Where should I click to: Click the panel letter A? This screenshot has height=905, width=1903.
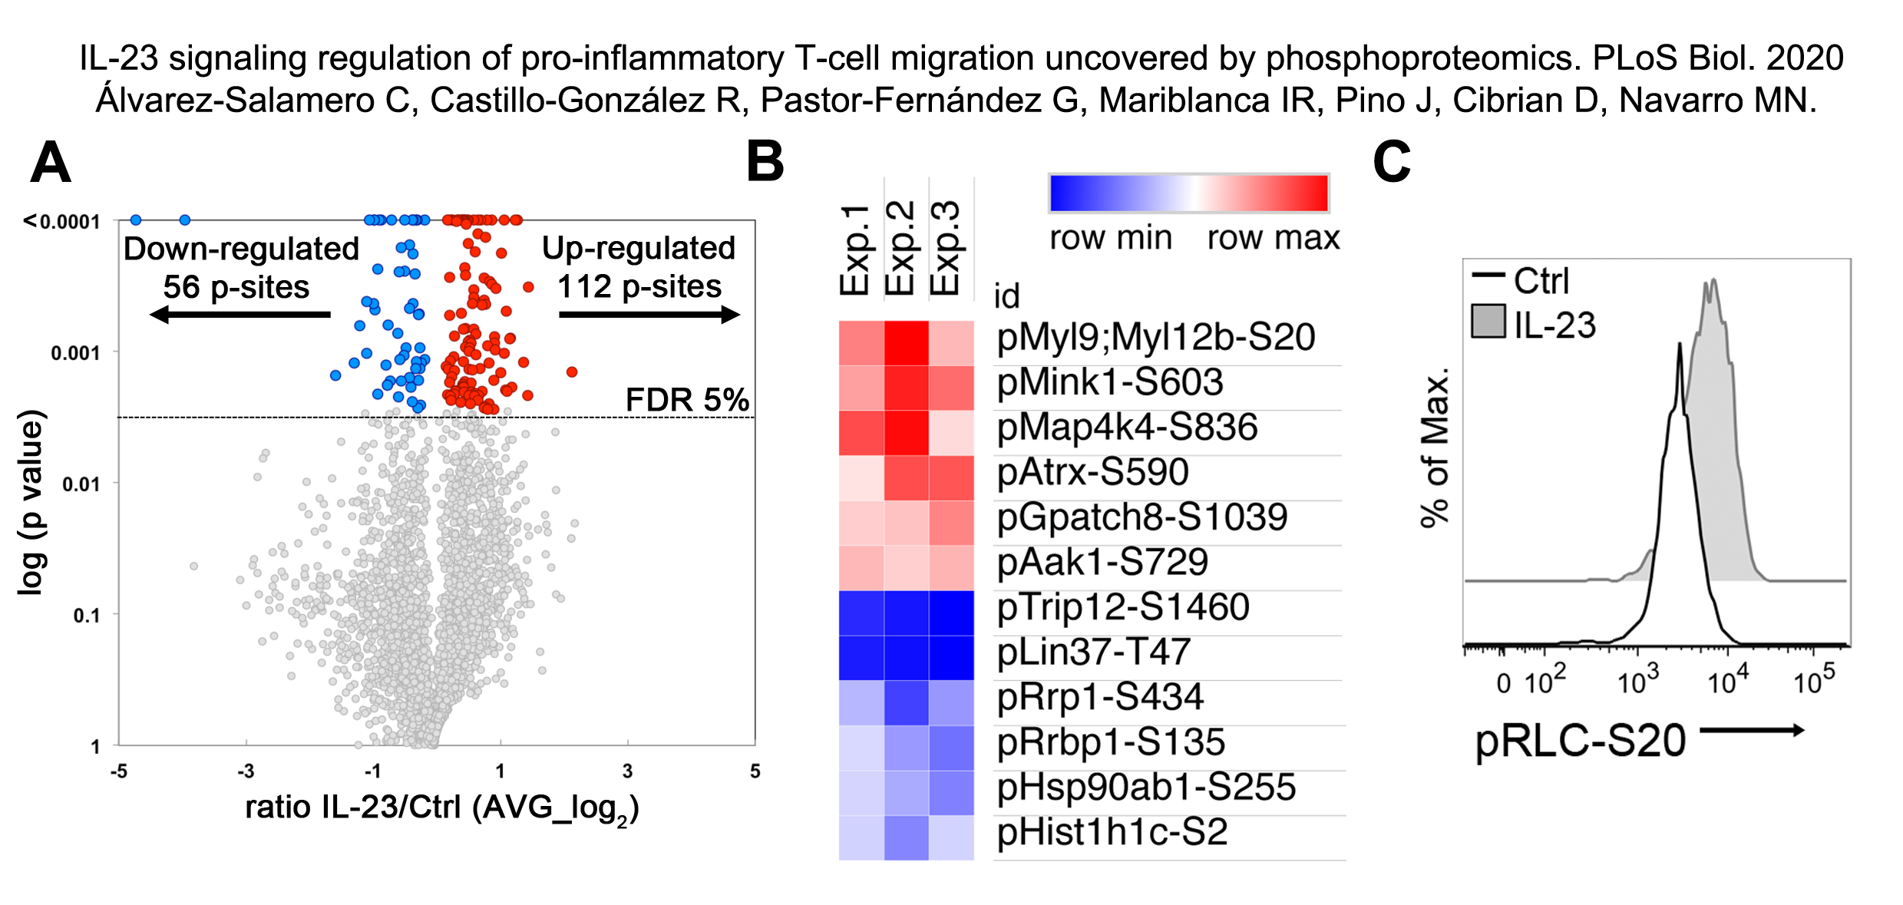tap(51, 163)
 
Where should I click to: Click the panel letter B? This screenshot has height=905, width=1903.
tap(765, 161)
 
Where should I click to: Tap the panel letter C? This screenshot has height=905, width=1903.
tap(1391, 161)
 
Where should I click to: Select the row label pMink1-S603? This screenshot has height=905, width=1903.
tap(1109, 382)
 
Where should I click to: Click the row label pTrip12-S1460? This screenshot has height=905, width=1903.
tap(1123, 607)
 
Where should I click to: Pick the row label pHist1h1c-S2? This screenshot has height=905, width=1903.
tap(1112, 832)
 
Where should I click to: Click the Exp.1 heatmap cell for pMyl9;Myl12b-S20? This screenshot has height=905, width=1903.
tap(861, 342)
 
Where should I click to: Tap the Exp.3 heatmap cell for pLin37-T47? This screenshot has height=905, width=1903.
tap(951, 658)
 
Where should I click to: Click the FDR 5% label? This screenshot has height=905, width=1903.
tap(687, 399)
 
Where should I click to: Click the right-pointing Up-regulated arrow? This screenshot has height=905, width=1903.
tap(649, 314)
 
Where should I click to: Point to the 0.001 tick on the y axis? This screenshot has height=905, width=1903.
tap(75, 353)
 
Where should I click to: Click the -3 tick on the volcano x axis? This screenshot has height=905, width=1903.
tap(246, 771)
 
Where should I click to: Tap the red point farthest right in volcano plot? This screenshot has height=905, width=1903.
tap(572, 372)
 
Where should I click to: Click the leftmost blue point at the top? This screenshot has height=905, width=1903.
tap(136, 220)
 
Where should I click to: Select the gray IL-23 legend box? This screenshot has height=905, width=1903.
tap(1488, 322)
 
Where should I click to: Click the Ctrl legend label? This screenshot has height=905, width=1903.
tap(1541, 281)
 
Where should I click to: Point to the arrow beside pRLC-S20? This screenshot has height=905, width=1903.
tap(1752, 730)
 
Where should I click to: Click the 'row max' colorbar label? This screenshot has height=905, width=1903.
tap(1273, 238)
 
